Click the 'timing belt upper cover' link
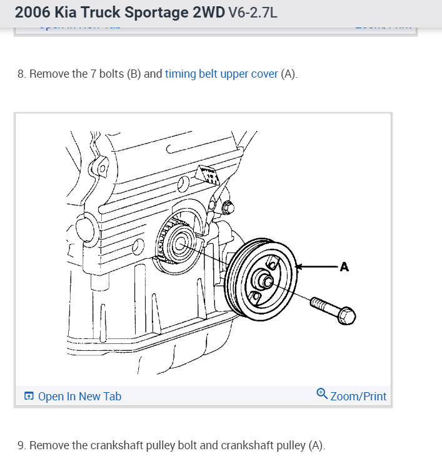(221, 74)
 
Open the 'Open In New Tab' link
(79, 396)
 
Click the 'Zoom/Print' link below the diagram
(358, 396)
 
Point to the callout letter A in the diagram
(344, 268)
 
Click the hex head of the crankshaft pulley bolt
(346, 316)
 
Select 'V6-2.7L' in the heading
(253, 13)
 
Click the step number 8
(21, 74)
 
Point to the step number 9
(21, 445)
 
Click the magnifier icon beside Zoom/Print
(322, 394)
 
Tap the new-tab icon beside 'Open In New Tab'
(29, 396)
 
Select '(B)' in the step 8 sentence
(134, 74)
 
